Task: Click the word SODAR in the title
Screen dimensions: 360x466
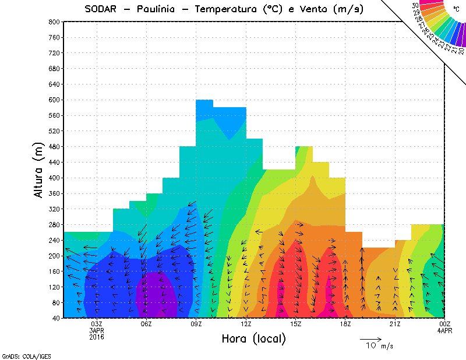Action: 104,9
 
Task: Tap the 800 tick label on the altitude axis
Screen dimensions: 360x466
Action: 54,22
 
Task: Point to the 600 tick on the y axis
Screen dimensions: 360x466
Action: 54,100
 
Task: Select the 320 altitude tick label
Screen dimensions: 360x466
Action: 54,209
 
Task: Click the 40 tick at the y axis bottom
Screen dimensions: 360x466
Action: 55,319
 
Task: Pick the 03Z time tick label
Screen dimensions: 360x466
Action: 97,324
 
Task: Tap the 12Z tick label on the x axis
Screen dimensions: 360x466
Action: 246,324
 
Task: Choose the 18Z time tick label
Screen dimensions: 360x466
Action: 345,324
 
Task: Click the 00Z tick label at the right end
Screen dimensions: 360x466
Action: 445,324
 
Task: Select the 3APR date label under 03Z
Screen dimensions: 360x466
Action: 97,330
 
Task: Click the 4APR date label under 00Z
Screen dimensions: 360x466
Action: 445,330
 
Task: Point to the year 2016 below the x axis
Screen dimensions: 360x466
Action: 97,337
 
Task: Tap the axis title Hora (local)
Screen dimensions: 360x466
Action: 253,338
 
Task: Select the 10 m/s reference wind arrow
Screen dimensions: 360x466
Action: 370,339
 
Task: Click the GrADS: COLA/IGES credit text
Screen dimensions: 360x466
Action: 20,355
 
